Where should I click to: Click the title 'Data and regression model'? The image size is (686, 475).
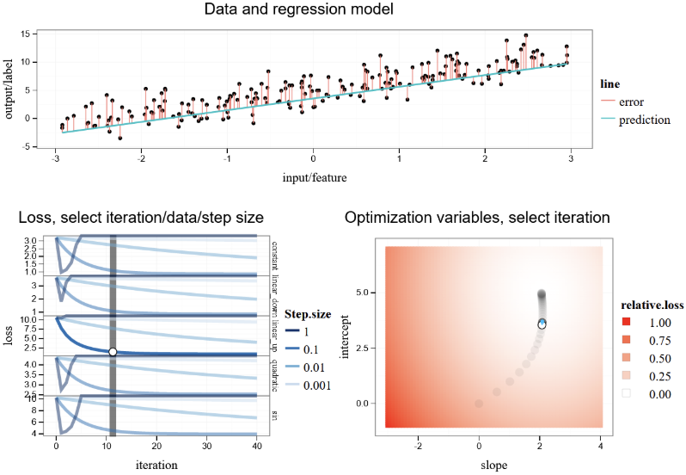click(x=313, y=10)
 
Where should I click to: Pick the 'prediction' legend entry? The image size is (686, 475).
click(x=644, y=120)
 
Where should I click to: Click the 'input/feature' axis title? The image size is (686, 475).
click(x=313, y=177)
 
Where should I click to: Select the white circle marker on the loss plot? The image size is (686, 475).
click(x=113, y=351)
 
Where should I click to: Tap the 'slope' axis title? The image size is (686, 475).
click(x=493, y=465)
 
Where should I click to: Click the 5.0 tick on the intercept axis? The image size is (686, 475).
click(x=366, y=293)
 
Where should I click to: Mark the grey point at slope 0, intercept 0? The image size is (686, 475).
click(x=479, y=403)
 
